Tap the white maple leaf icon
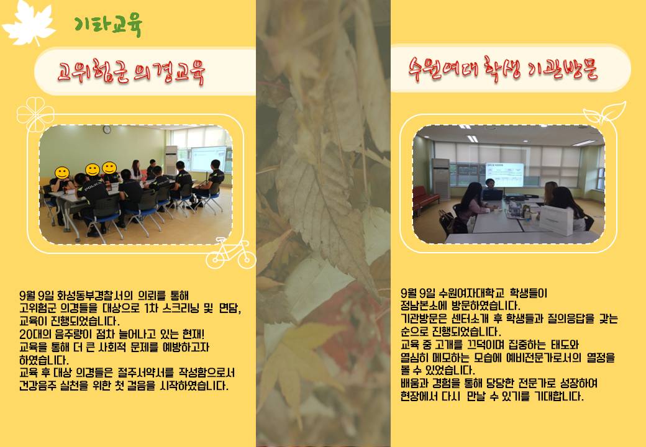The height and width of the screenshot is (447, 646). (x=29, y=22)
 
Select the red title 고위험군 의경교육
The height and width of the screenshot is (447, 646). (x=131, y=72)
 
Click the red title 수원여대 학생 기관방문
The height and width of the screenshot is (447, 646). (x=503, y=69)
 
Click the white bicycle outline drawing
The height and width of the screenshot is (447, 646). (x=230, y=253)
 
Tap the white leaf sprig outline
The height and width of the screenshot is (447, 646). (x=604, y=113)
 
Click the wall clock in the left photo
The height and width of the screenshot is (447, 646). (x=107, y=130)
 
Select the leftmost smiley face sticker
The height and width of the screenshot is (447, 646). (x=62, y=173)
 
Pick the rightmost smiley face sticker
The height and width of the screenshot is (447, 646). (x=109, y=168)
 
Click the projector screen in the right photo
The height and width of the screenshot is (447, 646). (x=504, y=174)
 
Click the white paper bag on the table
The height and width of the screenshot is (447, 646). (x=556, y=220)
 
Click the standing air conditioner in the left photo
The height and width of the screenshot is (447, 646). (x=171, y=161)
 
